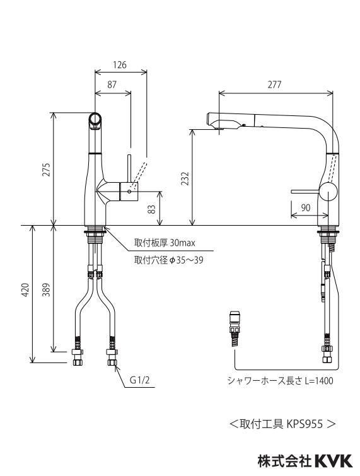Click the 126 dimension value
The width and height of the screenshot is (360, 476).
120,65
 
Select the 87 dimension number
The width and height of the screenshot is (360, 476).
112,84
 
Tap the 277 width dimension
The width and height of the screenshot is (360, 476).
274,84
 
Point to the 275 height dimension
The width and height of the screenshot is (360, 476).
46,170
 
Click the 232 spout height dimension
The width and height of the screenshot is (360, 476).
185,178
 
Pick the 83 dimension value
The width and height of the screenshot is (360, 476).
152,209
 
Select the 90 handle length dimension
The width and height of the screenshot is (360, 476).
306,207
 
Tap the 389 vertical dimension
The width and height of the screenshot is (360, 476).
46,289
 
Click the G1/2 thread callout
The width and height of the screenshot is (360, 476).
139,380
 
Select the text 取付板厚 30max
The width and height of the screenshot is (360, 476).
165,243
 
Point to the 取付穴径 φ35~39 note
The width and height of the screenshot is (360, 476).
169,260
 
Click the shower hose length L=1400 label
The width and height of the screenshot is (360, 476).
280,381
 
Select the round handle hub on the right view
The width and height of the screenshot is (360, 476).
328,192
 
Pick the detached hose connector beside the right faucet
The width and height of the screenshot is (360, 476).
235,328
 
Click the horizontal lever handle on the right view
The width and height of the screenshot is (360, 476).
305,192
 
